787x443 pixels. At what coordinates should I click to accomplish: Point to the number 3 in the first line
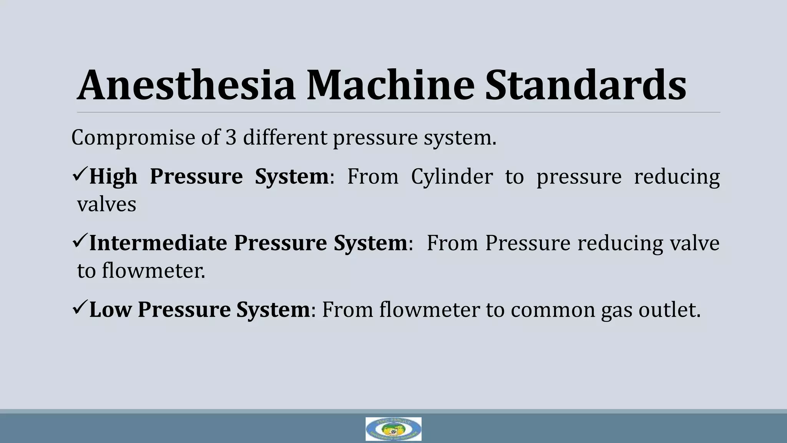231,137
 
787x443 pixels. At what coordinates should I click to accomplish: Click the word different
285,137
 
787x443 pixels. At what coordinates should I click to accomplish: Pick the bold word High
113,177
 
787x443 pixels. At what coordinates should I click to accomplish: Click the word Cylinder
452,177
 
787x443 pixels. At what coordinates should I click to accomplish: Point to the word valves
107,204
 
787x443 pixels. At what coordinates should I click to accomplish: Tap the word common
553,310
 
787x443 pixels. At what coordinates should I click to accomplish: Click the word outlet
669,310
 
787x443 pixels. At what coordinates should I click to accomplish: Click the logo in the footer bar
393,429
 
